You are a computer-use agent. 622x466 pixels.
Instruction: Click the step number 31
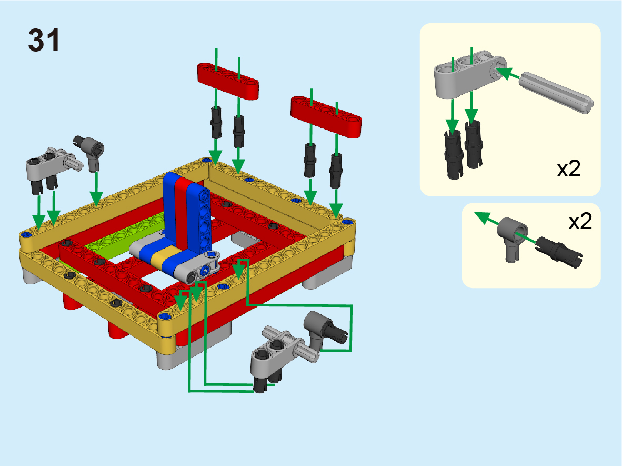(x=44, y=40)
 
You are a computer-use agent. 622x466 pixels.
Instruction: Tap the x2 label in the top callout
(x=569, y=168)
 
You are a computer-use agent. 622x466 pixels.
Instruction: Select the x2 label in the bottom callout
(x=580, y=222)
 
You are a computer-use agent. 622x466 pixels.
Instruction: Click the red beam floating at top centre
(x=228, y=81)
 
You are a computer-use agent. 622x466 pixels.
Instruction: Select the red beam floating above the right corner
(x=326, y=117)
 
